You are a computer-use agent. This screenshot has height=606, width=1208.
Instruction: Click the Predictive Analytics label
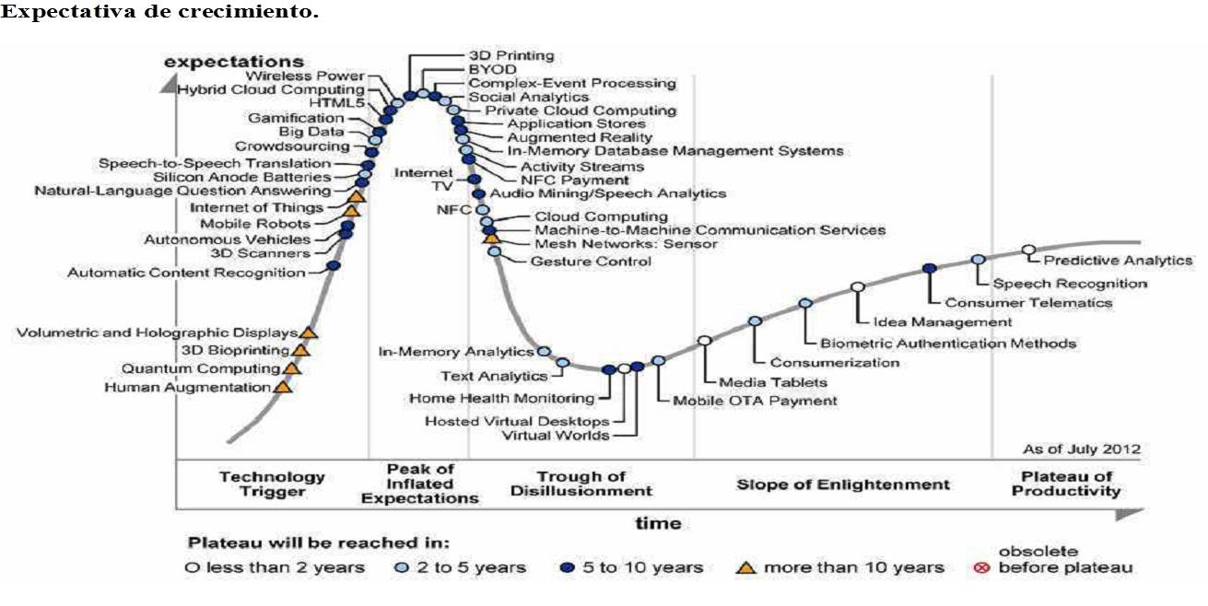click(x=1118, y=262)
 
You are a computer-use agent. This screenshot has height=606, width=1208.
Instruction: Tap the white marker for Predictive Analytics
click(x=1028, y=250)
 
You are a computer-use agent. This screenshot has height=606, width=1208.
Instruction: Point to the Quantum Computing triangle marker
click(x=291, y=368)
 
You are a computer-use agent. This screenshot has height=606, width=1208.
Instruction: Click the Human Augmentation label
click(x=186, y=388)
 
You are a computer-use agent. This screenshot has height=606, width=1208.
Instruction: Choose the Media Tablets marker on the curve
click(x=705, y=341)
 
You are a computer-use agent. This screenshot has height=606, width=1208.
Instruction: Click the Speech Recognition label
click(x=1070, y=284)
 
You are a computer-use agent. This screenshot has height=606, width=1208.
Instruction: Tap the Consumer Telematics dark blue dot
click(x=930, y=269)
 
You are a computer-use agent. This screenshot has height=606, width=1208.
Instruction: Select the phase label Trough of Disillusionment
click(x=581, y=484)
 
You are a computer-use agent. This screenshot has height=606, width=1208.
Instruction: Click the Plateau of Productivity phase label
click(x=1066, y=484)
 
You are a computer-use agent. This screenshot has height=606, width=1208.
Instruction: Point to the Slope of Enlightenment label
click(x=842, y=484)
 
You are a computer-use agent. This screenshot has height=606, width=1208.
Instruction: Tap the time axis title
click(x=659, y=523)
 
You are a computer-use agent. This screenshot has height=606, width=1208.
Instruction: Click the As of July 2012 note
click(x=1082, y=449)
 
